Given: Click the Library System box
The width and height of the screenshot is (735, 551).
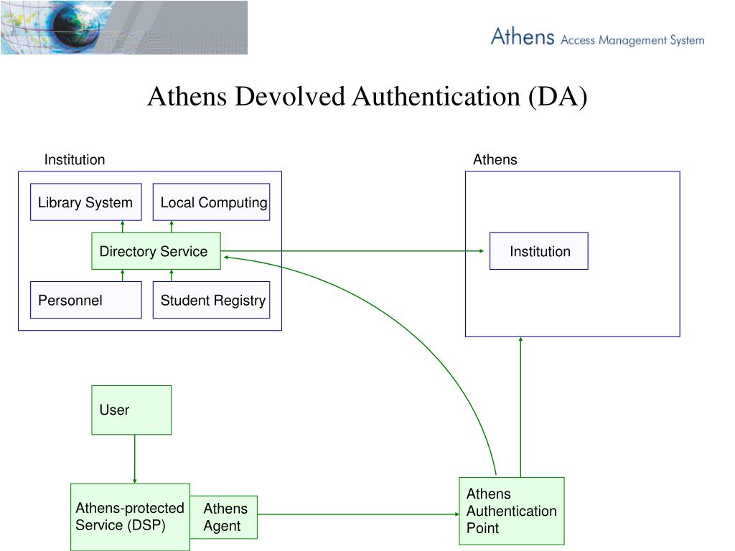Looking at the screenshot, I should [85, 202].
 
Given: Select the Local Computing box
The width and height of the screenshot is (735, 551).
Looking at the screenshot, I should [211, 202].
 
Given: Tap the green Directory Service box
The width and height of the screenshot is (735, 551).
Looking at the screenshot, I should [156, 251].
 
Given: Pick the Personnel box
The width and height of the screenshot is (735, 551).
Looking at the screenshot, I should [85, 300].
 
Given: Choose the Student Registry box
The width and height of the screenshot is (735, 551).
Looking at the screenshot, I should [211, 300].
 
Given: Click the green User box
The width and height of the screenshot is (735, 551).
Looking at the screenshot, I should [131, 410].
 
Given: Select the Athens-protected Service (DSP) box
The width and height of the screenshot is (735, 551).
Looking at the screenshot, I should [130, 517].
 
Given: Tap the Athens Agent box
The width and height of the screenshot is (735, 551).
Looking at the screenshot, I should [224, 517].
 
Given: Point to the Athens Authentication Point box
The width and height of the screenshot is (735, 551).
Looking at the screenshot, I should [511, 511].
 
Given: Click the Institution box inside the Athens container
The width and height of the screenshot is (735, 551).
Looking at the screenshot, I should [538, 251].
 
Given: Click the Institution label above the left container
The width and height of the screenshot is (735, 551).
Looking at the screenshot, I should [75, 159].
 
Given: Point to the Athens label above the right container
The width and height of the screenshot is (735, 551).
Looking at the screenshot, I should [495, 159].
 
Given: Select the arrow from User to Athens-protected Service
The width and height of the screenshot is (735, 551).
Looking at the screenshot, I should [134, 458].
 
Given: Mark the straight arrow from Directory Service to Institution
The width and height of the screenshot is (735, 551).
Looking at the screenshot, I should [352, 251].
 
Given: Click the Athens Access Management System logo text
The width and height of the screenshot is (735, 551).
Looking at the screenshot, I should [597, 37].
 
